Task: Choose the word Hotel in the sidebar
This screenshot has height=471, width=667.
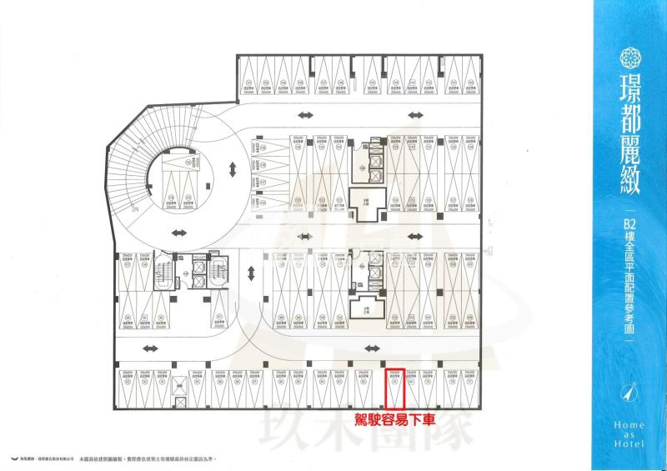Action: click(631, 448)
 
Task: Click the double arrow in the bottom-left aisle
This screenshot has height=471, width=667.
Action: click(150, 348)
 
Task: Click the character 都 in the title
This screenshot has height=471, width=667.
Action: click(631, 123)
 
